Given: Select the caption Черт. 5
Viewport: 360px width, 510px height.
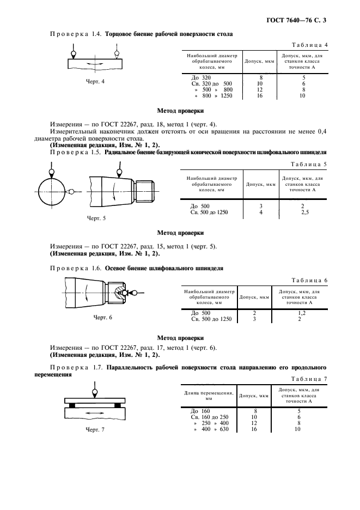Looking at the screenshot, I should (x=96, y=218).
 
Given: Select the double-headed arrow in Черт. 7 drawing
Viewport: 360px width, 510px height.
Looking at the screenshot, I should (x=95, y=415).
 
